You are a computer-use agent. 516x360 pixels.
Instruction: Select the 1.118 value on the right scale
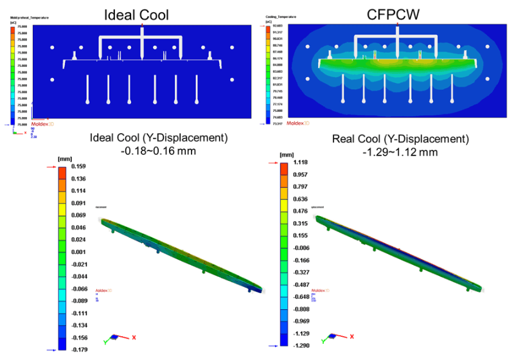point(303,163)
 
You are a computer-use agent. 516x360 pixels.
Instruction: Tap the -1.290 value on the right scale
point(302,345)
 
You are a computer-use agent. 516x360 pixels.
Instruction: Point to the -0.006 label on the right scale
point(302,247)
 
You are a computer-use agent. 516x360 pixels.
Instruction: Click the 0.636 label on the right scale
point(303,198)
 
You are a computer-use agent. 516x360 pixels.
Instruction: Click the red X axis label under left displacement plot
point(134,337)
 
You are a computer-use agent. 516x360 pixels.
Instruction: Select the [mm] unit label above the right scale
point(287,154)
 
